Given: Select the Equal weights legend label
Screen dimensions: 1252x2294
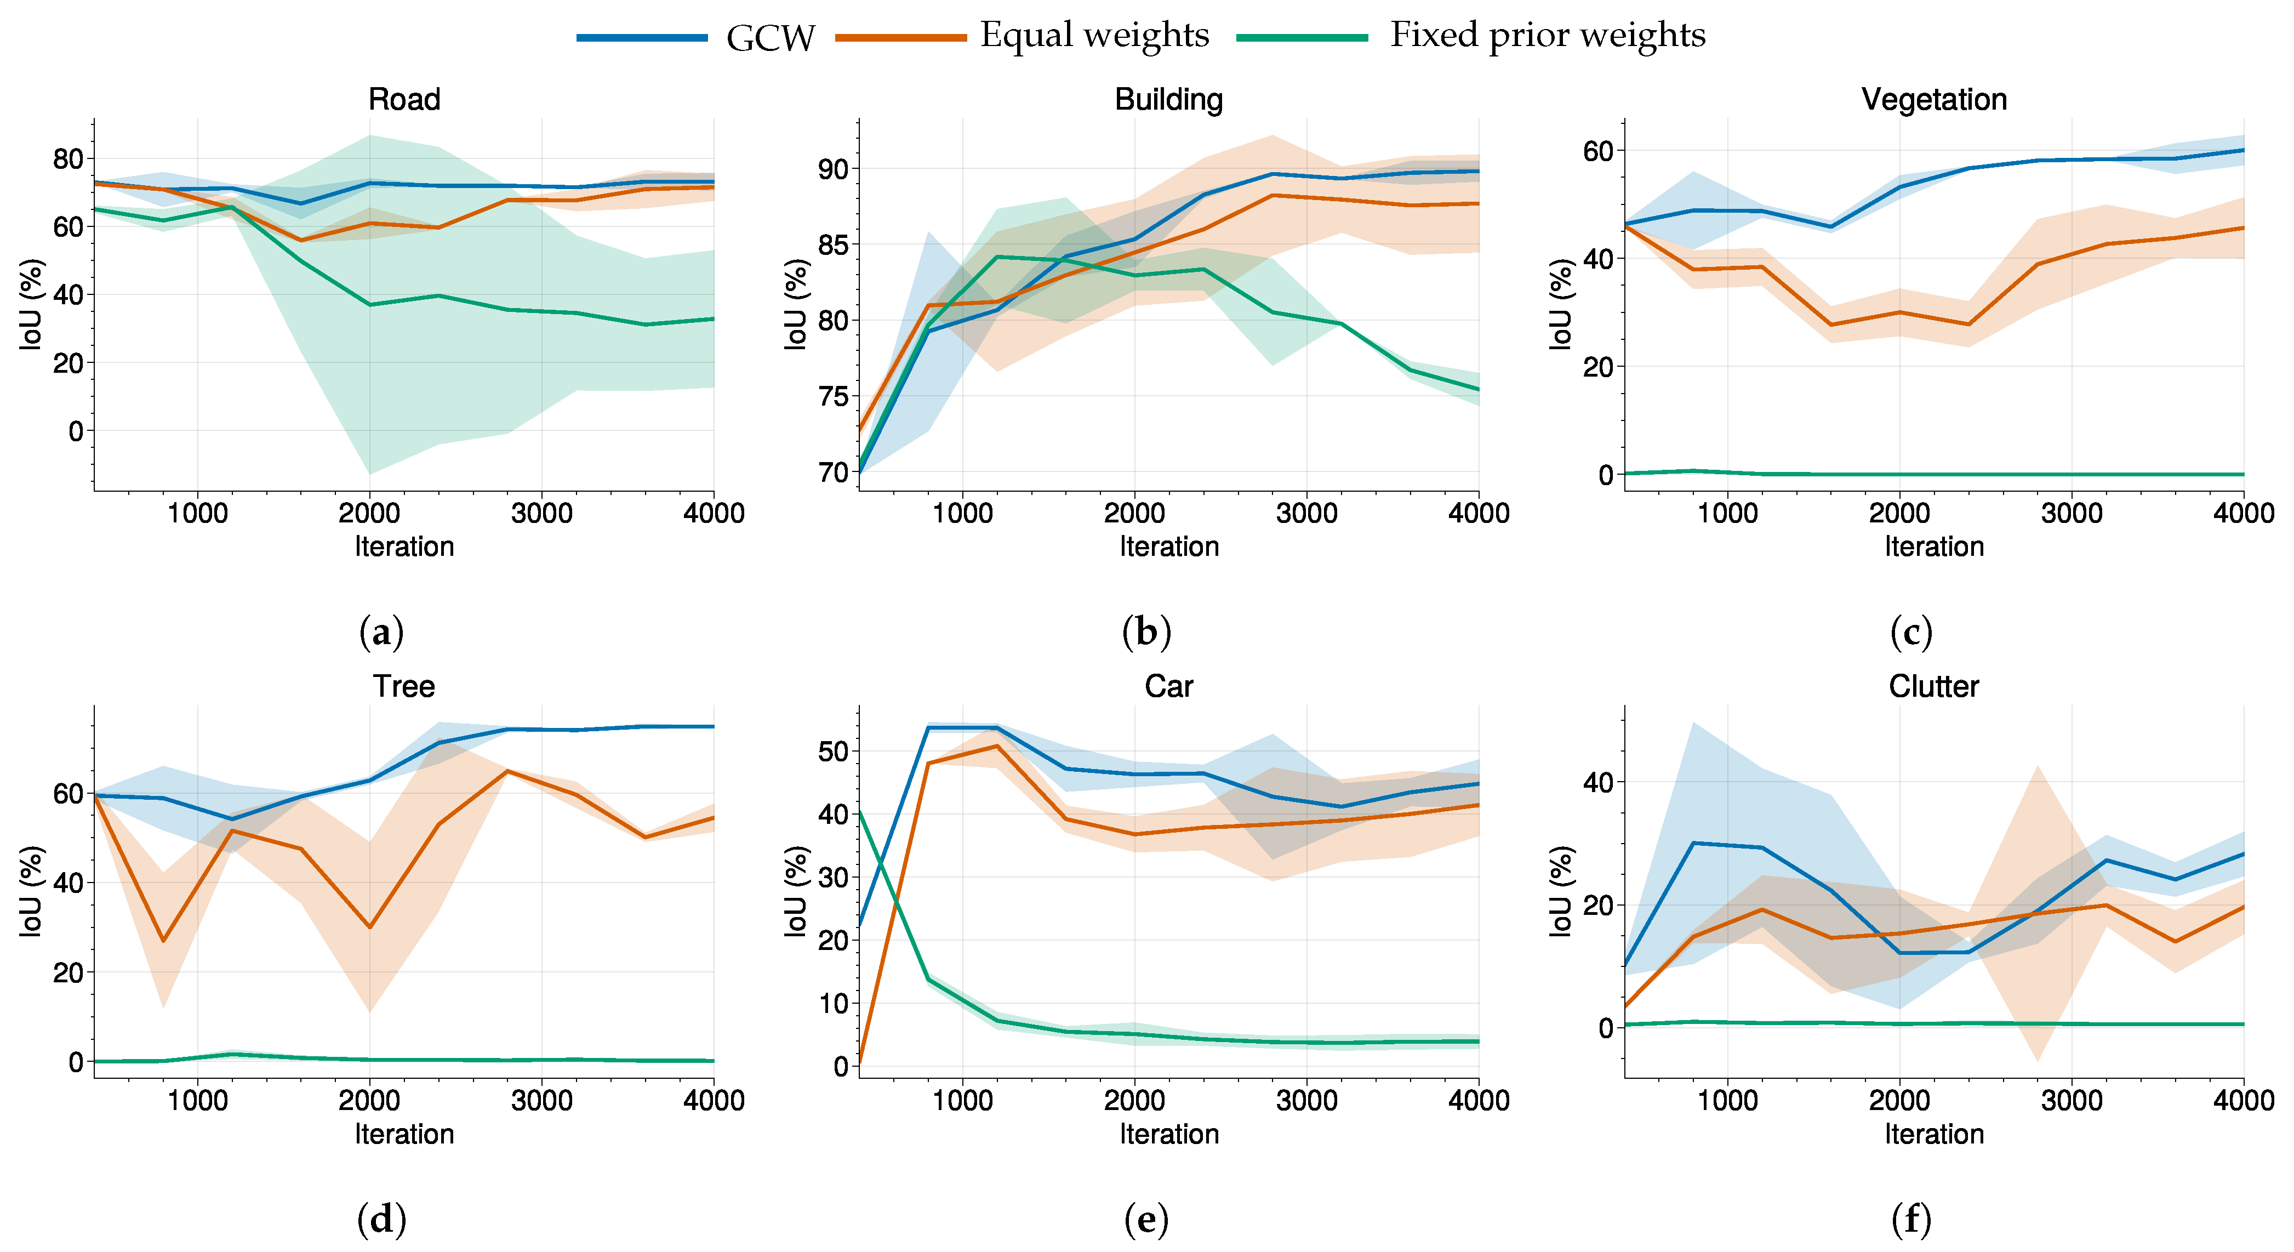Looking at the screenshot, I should point(1094,36).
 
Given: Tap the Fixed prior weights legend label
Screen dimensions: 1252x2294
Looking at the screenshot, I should point(1548,36).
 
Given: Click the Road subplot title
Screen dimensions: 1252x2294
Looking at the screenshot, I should point(404,99).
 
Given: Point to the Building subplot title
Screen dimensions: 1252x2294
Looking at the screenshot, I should point(1168,99).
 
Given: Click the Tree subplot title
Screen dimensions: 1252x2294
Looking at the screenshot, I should point(404,686).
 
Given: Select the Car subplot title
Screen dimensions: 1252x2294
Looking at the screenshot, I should point(1168,686).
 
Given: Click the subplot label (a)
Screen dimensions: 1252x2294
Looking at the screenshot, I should point(381,632).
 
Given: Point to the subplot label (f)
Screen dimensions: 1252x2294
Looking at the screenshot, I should point(1911,1219).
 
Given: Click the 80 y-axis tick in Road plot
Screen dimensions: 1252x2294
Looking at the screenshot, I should point(68,160).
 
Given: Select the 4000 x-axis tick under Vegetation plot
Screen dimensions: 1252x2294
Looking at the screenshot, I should point(2243,513).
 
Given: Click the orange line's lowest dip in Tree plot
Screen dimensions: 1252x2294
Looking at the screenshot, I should point(163,940).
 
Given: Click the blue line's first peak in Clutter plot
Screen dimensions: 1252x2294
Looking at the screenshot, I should point(1693,843).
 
